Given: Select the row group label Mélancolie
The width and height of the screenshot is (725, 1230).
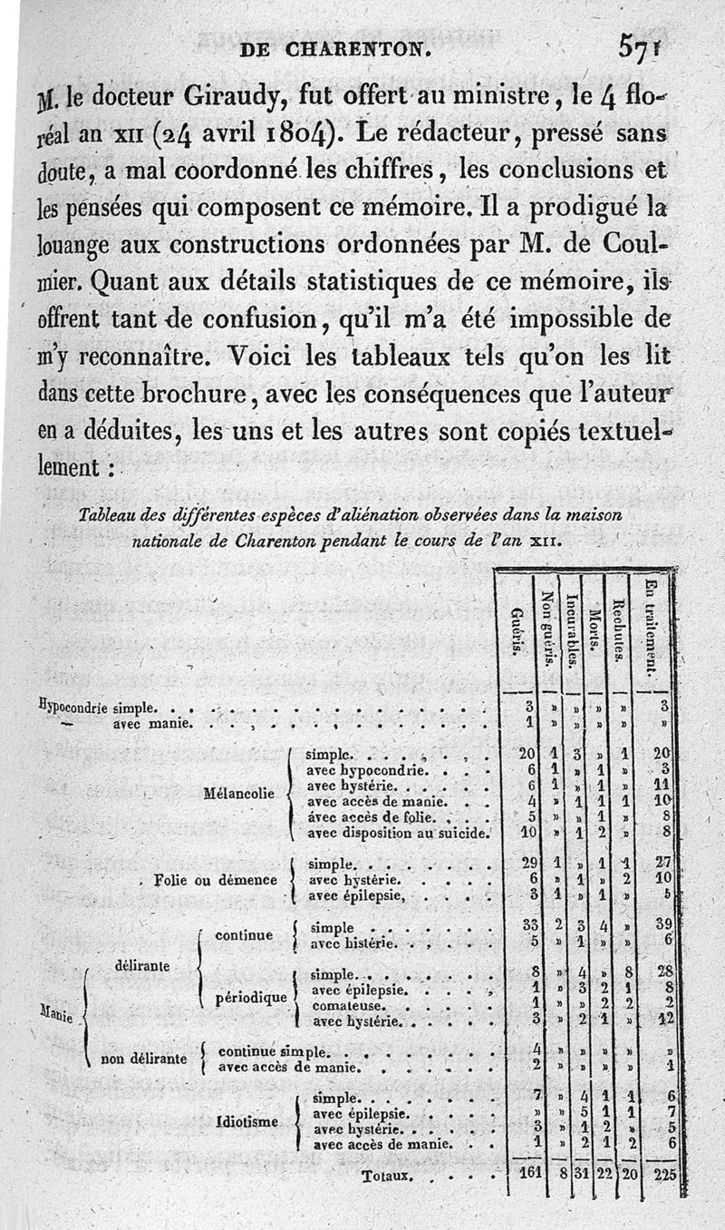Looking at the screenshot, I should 240,792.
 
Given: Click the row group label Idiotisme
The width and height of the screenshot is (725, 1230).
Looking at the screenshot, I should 247,1121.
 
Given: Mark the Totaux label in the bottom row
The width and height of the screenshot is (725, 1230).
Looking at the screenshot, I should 388,1177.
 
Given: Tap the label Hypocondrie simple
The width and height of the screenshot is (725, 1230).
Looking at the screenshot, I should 99,706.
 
